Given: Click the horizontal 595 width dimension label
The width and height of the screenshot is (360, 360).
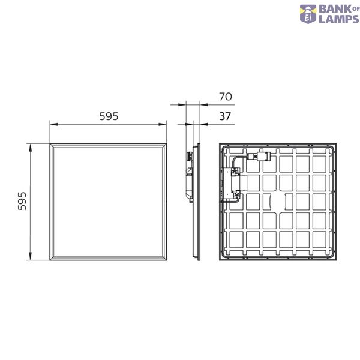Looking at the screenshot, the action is [x=109, y=116].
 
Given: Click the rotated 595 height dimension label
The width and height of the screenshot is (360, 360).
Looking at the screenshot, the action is [x=22, y=202].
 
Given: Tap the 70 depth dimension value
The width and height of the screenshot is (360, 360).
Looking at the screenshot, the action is [x=226, y=97].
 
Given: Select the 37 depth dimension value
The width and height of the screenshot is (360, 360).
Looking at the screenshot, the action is [x=225, y=116].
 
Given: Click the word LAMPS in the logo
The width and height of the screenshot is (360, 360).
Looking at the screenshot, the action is [x=339, y=19].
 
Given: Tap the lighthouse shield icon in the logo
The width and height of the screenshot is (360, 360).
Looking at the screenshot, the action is [x=308, y=14].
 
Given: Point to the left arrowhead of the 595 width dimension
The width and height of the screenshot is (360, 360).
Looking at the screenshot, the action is [x=54, y=124].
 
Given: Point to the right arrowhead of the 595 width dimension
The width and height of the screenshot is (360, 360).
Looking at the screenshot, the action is [x=163, y=124].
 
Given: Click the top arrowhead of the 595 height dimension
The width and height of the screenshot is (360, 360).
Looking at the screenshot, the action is [x=31, y=148].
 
